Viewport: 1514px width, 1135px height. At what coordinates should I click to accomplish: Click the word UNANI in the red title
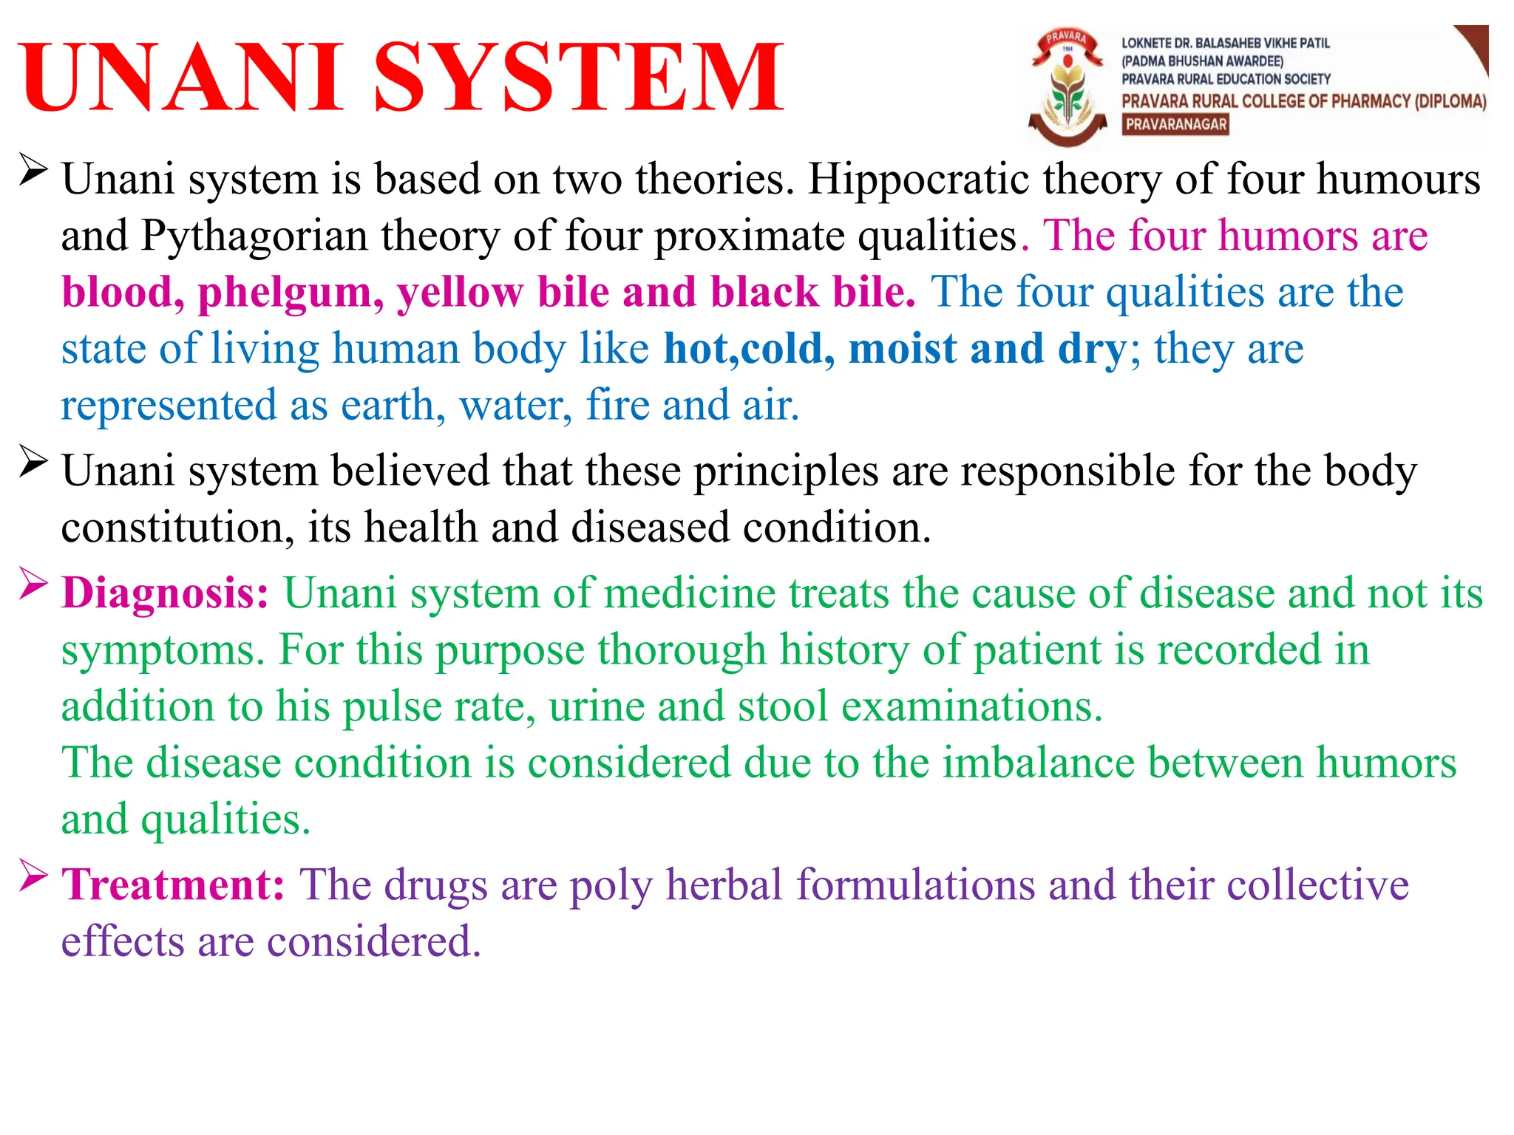tap(182, 78)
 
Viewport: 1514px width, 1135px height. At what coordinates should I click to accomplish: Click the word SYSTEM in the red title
tap(578, 78)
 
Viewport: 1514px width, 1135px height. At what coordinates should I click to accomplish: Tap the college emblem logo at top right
tap(1068, 87)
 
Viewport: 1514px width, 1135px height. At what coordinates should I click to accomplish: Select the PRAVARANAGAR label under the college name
tap(1175, 125)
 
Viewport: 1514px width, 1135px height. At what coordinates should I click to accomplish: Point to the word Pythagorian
tap(254, 236)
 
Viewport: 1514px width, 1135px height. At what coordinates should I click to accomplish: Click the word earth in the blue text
tap(387, 406)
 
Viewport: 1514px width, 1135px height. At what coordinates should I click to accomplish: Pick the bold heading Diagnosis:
tap(165, 593)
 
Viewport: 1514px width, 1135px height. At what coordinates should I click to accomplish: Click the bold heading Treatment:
tap(173, 885)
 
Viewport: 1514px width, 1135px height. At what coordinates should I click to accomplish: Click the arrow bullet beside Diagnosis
tap(34, 584)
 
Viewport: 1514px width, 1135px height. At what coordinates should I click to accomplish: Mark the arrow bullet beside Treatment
tap(34, 875)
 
